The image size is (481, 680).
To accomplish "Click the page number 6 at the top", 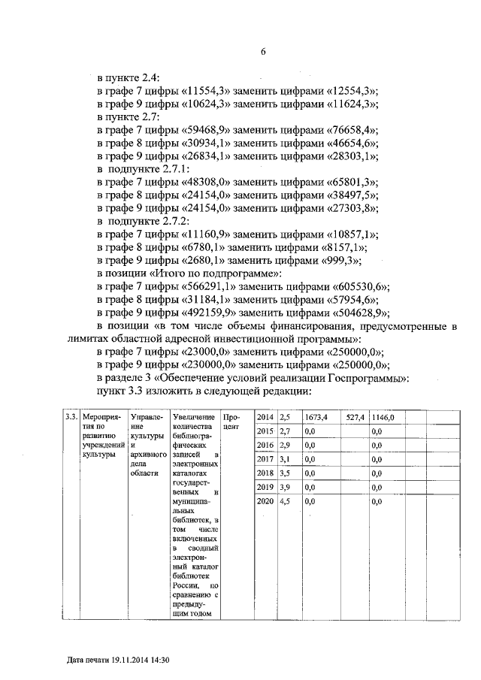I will pos(263,52).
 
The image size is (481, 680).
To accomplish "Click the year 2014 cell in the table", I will pos(265,417).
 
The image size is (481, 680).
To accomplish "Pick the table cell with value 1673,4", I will pos(316,417).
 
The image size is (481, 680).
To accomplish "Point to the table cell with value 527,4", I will pos(355,417).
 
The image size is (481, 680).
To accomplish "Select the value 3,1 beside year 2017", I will pos(284,459).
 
